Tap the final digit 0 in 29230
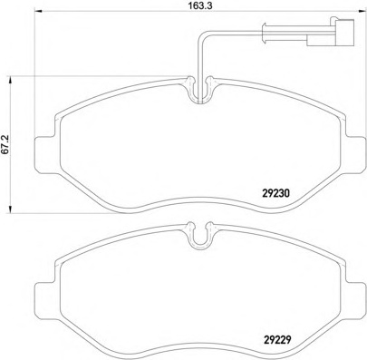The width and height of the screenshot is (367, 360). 289,192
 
